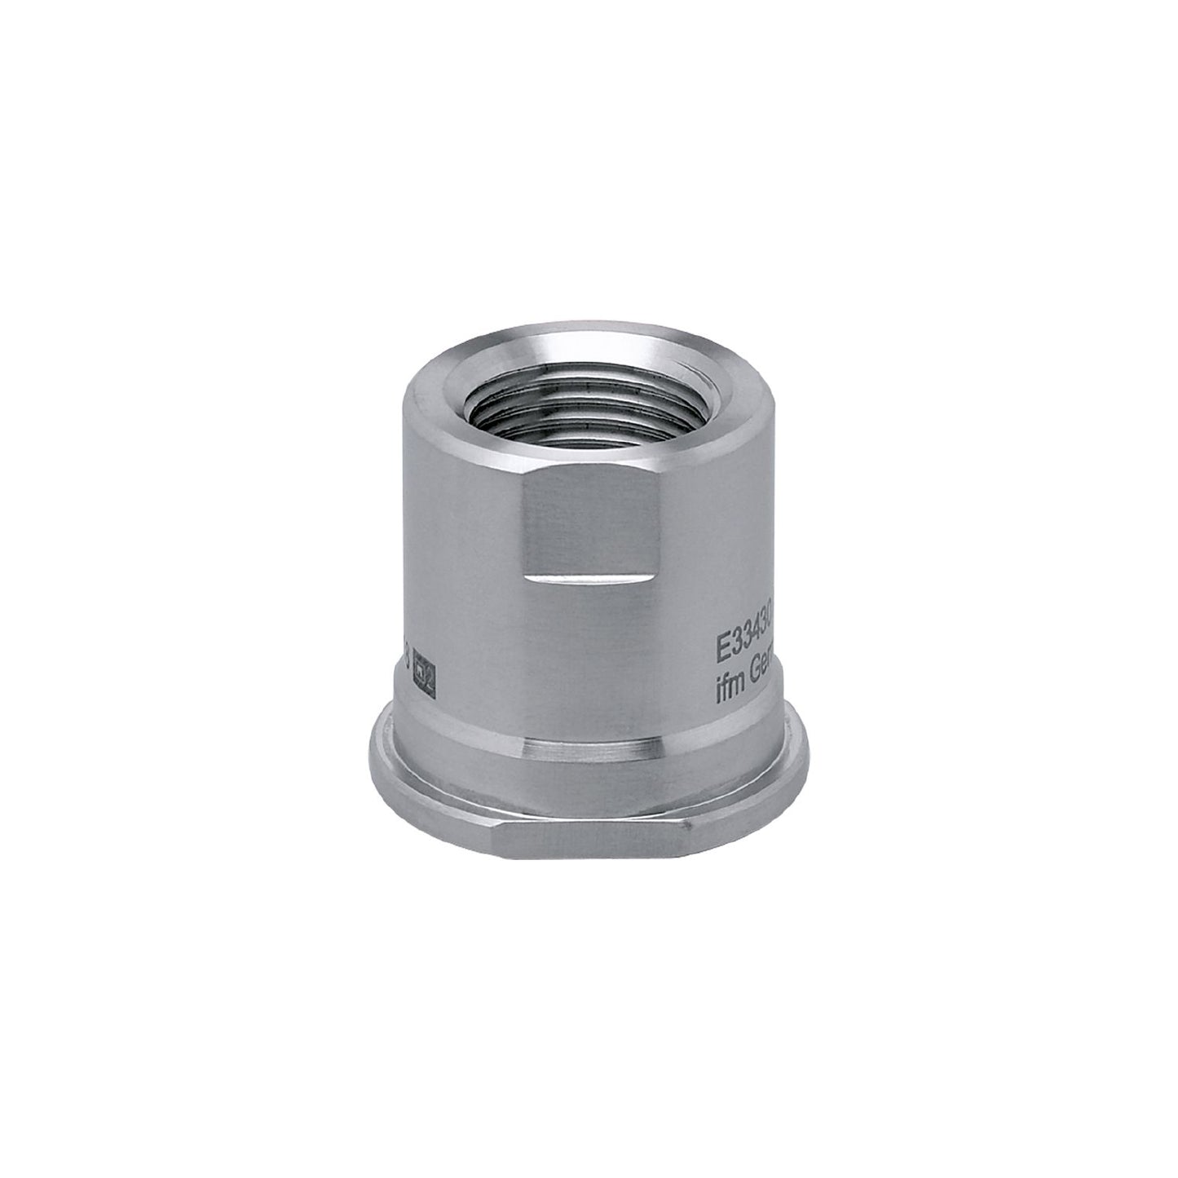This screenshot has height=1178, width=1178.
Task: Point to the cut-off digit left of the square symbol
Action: click(406, 652)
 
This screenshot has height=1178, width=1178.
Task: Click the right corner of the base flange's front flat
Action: click(690, 823)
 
